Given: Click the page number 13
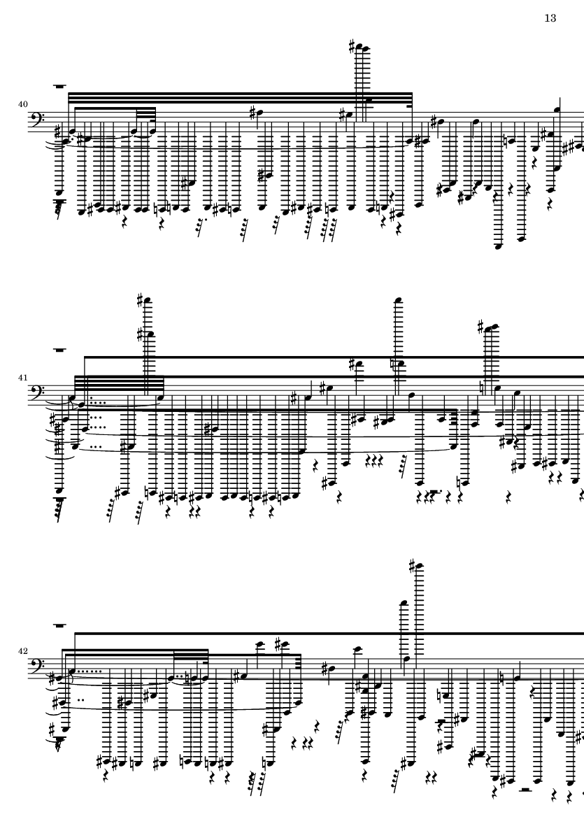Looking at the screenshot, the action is [550, 18].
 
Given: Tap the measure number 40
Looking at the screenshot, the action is [22, 104].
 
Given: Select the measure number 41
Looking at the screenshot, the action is [22, 378].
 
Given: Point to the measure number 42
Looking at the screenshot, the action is [22, 651].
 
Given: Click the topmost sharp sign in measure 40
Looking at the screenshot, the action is [352, 46].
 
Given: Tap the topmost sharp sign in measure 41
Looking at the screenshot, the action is [140, 300].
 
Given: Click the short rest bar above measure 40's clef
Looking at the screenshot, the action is [59, 86].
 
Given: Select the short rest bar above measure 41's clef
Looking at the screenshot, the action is [59, 349].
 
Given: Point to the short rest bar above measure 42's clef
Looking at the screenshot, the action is [59, 626].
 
